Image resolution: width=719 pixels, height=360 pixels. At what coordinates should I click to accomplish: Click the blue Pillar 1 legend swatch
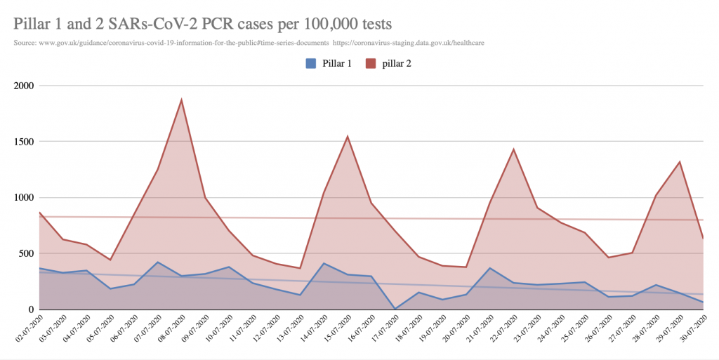pos(310,63)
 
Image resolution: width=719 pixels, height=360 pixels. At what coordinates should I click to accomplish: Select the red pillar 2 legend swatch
pos(371,63)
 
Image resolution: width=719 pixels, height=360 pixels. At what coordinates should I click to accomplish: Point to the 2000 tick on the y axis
pos(23,86)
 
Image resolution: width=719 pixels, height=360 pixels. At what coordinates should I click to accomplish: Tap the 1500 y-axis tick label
pos(23,142)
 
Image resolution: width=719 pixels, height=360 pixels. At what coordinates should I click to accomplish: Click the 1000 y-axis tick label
pos(23,198)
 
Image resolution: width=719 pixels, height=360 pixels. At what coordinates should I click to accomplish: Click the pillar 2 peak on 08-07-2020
pos(181,100)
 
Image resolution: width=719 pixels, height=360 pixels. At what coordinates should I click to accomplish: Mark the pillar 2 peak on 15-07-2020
pos(348,136)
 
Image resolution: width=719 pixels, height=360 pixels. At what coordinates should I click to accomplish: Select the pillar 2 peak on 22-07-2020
pos(513,149)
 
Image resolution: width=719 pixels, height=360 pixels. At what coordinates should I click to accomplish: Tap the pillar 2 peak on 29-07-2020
pos(679,162)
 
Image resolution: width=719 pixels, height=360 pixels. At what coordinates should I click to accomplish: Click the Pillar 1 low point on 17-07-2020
pos(395,308)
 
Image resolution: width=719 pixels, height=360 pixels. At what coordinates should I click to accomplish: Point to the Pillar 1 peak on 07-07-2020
pos(158,262)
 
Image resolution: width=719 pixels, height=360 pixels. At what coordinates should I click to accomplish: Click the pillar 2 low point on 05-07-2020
pos(110,260)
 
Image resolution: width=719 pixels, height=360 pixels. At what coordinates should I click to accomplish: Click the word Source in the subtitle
pos(25,43)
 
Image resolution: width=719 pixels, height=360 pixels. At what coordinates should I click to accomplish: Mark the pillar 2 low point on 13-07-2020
pos(300,268)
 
